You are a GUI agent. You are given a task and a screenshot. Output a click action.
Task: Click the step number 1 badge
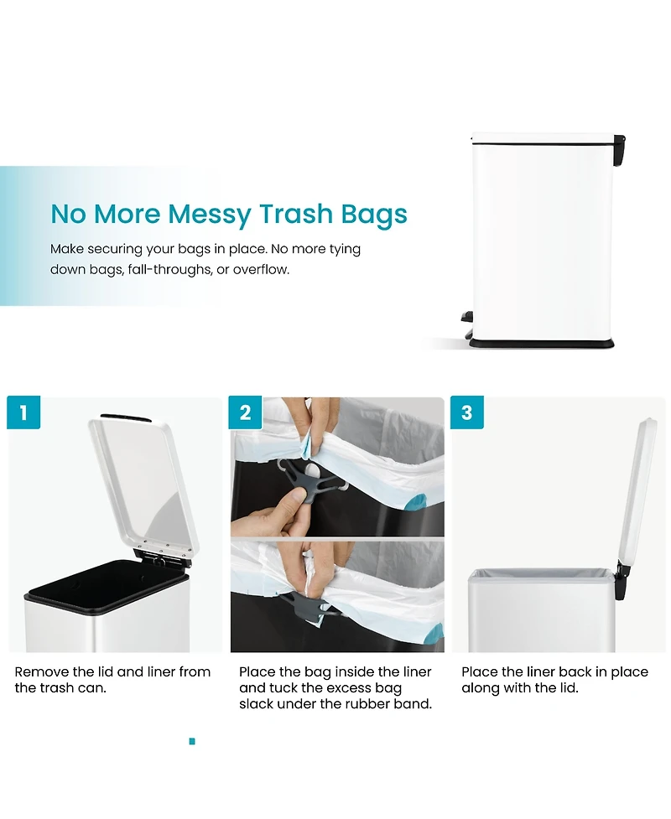pos(23,412)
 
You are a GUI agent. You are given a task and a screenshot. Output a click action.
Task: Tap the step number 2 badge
pos(245,412)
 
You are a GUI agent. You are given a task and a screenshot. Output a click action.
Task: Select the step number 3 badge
pos(466,412)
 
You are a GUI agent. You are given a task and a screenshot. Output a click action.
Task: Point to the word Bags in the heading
pos(374,215)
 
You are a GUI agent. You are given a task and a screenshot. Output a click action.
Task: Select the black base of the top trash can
pos(541,343)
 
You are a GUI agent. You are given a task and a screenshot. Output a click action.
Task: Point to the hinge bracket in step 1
pos(161,557)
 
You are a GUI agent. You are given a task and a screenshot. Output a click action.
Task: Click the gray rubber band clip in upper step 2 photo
pos(310,478)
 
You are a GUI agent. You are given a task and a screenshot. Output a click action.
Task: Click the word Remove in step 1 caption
pos(42,671)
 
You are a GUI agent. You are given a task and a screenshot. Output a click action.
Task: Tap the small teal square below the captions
pos(192,741)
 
